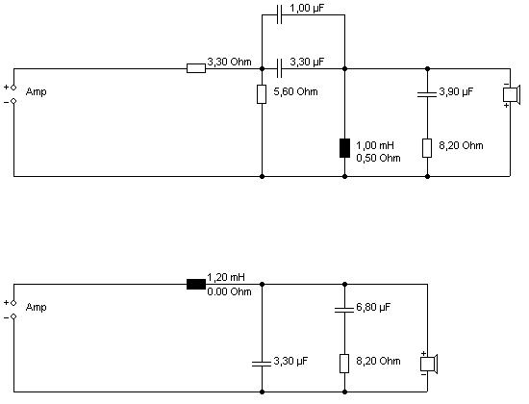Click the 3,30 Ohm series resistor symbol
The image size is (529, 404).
(196, 68)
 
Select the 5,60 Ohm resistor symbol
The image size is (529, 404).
(262, 94)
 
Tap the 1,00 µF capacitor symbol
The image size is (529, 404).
(279, 14)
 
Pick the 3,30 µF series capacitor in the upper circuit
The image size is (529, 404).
(279, 68)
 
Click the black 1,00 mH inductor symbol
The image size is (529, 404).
(344, 148)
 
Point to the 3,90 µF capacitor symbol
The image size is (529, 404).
(427, 94)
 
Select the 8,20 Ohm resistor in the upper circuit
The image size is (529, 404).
(427, 148)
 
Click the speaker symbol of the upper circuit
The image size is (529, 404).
(510, 94)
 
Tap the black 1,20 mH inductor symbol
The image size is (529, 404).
(196, 284)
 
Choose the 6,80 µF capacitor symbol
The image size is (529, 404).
(344, 310)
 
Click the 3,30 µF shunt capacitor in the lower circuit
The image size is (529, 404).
(262, 364)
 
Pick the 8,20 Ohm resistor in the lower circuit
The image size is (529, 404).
(344, 364)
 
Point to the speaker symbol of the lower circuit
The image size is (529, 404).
(428, 365)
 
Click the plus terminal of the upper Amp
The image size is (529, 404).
(13, 88)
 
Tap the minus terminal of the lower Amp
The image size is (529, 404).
(13, 316)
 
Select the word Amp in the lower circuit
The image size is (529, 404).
(37, 308)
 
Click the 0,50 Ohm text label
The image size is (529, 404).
(378, 158)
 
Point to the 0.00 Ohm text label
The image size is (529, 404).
(229, 291)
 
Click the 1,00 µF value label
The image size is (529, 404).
(307, 9)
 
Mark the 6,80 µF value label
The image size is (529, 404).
(373, 308)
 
